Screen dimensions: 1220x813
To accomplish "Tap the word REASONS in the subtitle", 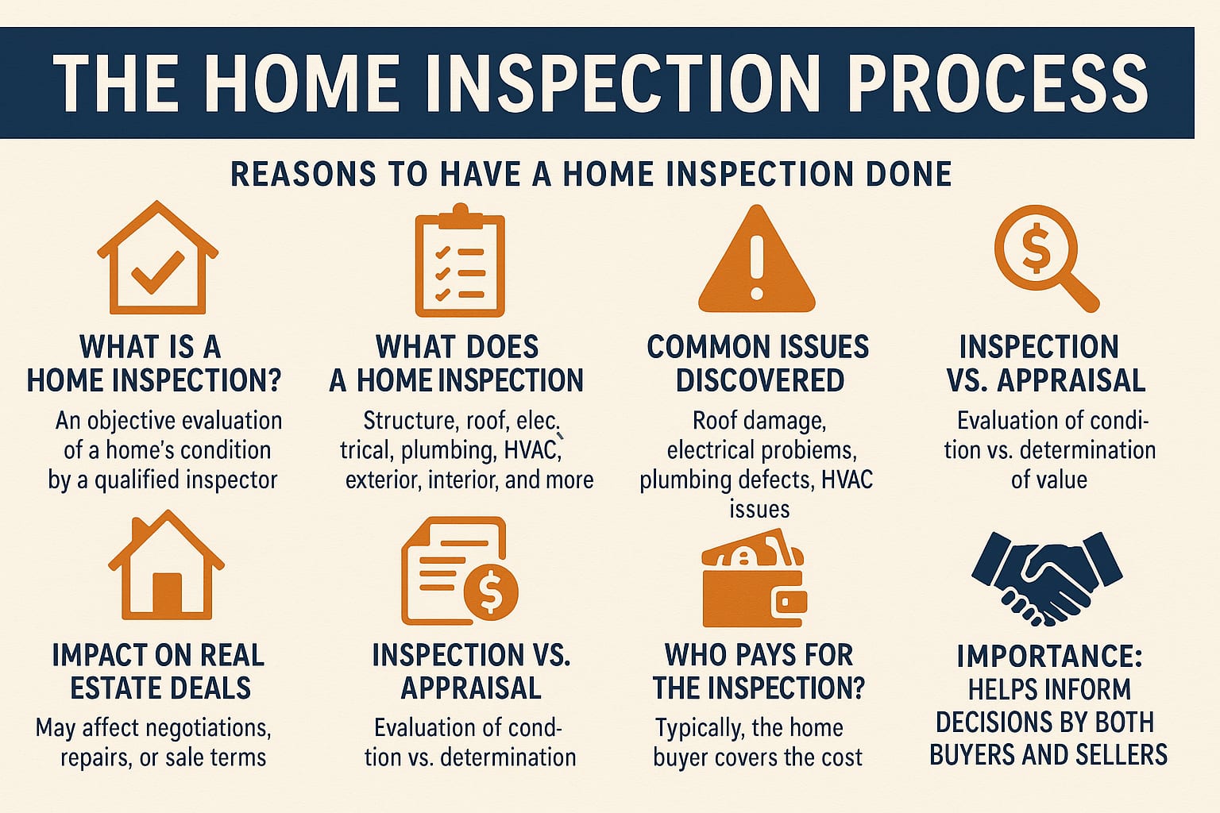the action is (x=303, y=174).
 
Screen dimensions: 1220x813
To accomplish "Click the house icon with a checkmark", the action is (x=158, y=257).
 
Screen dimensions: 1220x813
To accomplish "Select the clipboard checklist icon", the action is (x=460, y=260).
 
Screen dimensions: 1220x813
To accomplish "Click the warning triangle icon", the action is (x=757, y=259).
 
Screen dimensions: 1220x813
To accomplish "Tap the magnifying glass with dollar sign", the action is (x=1046, y=258).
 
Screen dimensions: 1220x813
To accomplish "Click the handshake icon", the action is (x=1047, y=578).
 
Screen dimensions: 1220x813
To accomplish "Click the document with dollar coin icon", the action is (x=460, y=571).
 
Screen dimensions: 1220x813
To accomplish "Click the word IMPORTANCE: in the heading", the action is (x=1049, y=656).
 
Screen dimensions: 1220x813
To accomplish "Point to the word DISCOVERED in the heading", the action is (x=760, y=380).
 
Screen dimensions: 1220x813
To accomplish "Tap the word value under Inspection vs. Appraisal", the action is (x=1049, y=480).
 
